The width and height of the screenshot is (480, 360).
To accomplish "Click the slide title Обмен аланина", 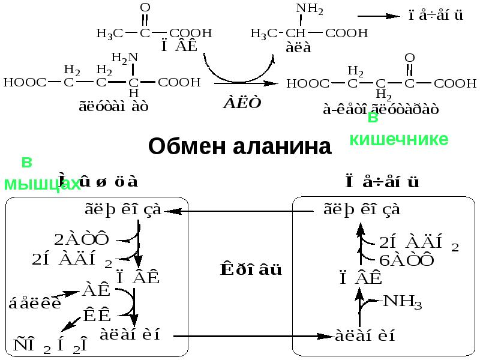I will point(239,146).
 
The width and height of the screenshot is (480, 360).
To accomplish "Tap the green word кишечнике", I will point(399,139).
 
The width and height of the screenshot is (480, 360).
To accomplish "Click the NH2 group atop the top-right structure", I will point(310,10).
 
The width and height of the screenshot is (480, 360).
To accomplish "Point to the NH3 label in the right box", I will point(403,302).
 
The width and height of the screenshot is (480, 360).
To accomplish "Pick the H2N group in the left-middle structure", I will point(125,57).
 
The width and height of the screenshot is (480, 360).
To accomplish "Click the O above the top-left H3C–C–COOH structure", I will point(145,7).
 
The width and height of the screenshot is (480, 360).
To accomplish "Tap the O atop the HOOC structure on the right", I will point(410,58).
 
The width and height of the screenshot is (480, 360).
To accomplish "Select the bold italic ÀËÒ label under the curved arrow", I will point(242,103).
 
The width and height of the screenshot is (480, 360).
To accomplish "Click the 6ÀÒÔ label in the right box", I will point(407,260).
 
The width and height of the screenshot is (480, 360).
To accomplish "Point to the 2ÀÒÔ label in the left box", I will point(82,239).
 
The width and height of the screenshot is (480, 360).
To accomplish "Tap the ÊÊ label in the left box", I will point(97,313).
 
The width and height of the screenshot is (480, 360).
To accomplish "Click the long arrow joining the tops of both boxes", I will point(240,211).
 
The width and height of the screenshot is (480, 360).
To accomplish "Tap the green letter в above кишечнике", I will point(373,118).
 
